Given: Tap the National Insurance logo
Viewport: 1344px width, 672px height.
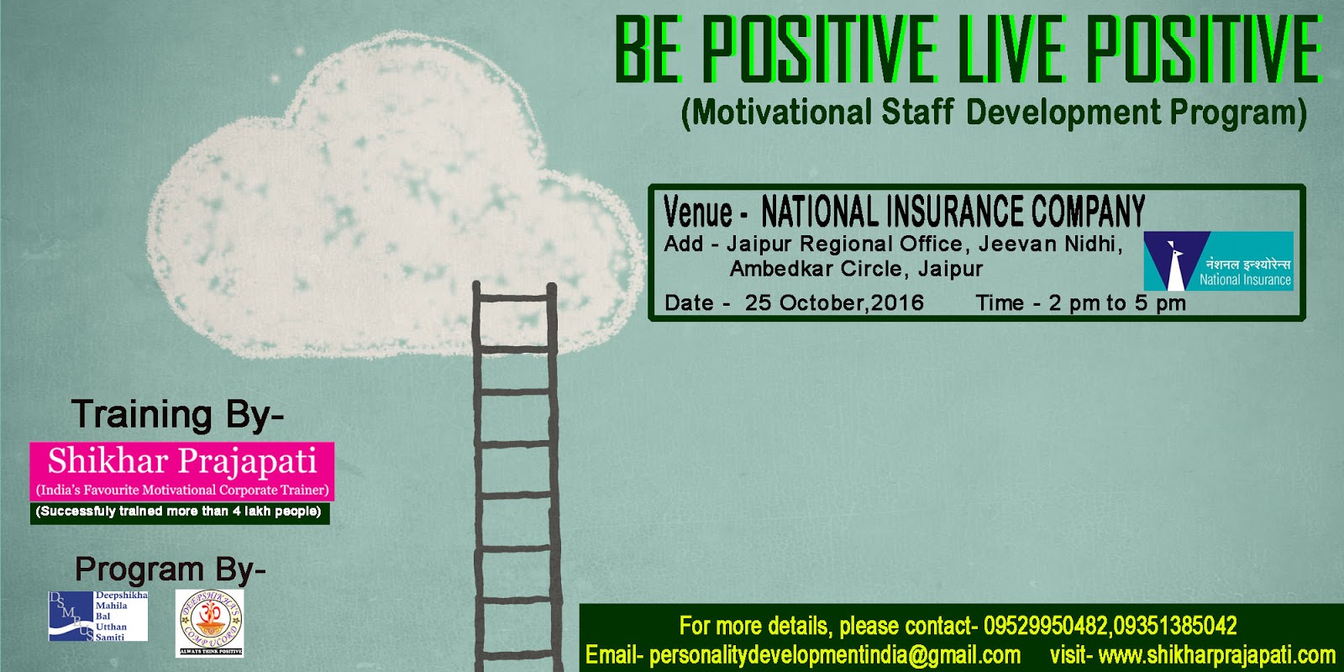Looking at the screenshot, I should (x=1218, y=261).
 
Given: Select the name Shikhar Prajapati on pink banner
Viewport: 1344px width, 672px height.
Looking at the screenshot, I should (x=182, y=461).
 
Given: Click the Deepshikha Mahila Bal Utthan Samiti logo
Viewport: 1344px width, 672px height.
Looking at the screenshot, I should (x=98, y=617).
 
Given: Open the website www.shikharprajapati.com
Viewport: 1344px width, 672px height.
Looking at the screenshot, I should (x=1216, y=655).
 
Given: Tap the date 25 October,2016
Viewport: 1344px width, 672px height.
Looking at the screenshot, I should (x=834, y=303).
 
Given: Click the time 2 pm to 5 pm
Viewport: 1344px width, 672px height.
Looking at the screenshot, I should (x=1117, y=303).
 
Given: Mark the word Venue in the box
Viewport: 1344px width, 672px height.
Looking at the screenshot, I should (x=698, y=212).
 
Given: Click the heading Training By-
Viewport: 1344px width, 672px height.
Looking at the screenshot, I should (x=177, y=414).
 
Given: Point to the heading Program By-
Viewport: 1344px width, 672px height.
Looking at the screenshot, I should (x=171, y=570).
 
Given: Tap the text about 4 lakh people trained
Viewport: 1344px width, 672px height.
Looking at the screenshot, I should (x=179, y=512).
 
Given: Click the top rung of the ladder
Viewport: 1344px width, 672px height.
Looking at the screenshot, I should (x=515, y=293).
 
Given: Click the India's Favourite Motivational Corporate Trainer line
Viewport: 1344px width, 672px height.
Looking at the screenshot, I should (x=182, y=490).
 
